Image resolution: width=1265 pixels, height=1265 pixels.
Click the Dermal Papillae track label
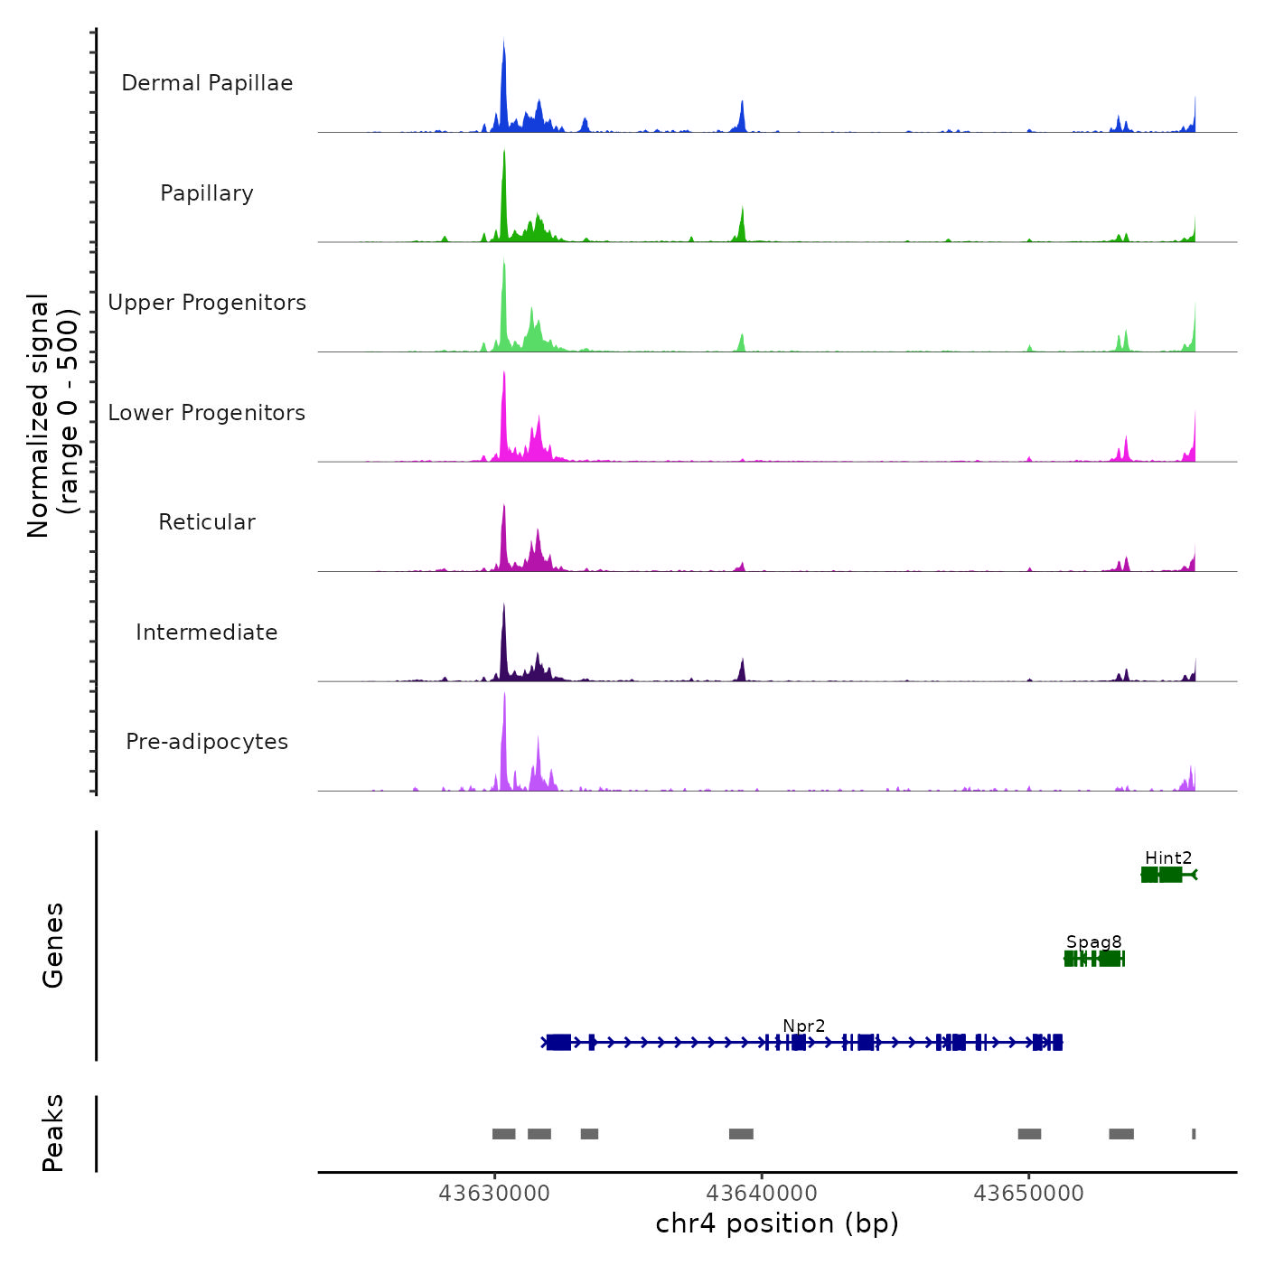[207, 83]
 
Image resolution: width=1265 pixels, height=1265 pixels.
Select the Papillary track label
[207, 193]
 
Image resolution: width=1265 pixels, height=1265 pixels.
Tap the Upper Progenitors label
[207, 303]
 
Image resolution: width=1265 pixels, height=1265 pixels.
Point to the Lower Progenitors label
[207, 413]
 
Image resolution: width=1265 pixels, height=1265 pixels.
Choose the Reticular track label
[207, 522]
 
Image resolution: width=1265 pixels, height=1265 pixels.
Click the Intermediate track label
[207, 632]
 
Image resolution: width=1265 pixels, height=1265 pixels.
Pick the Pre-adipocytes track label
[207, 742]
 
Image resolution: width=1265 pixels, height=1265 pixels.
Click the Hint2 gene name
[1168, 857]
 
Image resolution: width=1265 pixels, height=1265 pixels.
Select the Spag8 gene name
[1093, 942]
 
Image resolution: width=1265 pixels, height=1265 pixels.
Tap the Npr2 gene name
[803, 1026]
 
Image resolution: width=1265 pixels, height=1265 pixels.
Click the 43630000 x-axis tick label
[494, 1194]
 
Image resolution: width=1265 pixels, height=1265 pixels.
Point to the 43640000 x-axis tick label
[762, 1194]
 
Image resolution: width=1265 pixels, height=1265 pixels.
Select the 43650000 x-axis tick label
[1028, 1194]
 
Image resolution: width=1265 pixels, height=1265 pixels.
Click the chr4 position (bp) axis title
[777, 1223]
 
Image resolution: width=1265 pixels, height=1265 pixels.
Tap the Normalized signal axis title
[52, 415]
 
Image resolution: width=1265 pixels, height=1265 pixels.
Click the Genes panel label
[53, 945]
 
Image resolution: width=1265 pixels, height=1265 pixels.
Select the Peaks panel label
[53, 1133]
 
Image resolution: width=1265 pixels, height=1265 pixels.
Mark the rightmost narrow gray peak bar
[1194, 1134]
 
